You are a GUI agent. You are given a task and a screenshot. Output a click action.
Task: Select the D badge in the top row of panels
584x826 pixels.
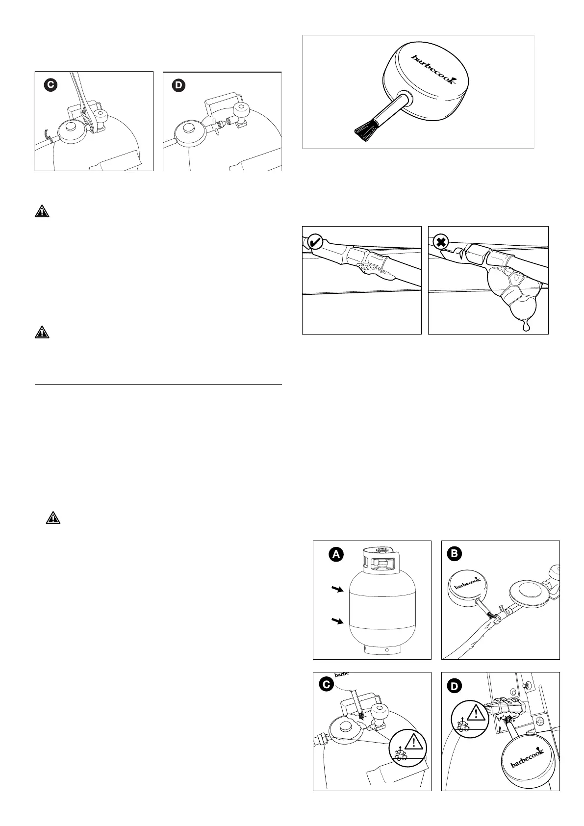(178, 86)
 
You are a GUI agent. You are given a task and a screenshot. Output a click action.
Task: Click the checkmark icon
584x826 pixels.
(316, 241)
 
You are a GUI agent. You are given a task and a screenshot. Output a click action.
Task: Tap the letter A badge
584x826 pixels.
(336, 554)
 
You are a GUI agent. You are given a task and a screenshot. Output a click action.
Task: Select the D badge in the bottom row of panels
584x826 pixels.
(455, 686)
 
